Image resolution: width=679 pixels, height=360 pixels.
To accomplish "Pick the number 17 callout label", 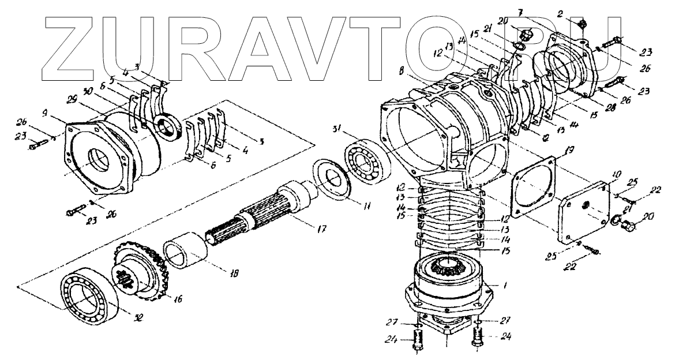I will coord(320,229).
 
